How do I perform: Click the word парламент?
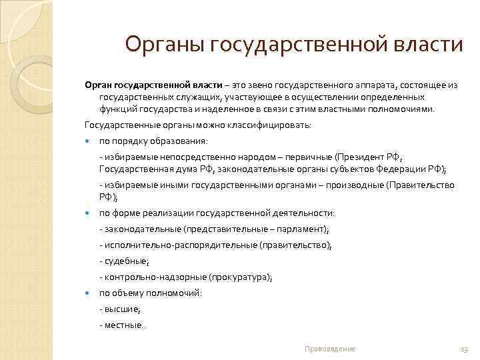click(303, 229)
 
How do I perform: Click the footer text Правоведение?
click(329, 349)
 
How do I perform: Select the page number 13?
click(465, 349)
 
